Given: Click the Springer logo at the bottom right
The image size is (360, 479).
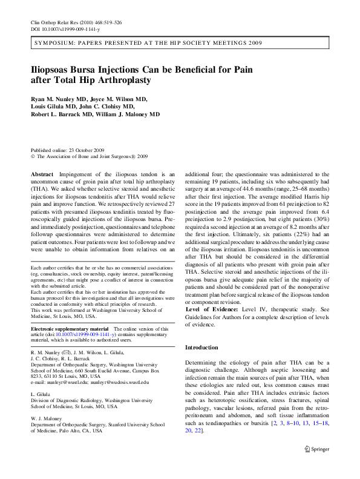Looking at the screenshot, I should click(x=317, y=467).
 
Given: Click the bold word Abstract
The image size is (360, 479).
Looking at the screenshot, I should click(x=41, y=174).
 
